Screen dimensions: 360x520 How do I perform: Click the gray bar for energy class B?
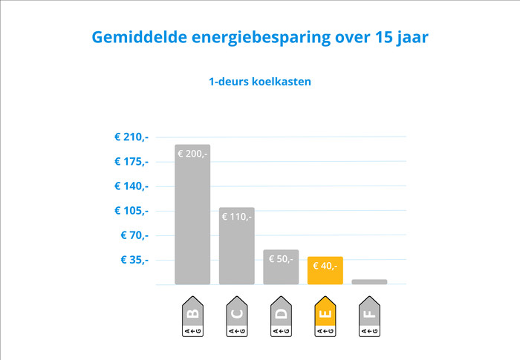[x=192, y=223]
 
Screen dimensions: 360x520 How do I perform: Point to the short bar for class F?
[x=369, y=282]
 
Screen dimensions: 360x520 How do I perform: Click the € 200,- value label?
[x=192, y=154]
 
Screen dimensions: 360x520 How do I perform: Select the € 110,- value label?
[x=237, y=217]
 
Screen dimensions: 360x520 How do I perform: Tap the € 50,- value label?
[x=281, y=259]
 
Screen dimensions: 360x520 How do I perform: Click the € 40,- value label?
[x=325, y=266]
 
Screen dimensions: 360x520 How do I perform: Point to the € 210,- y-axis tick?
[x=131, y=137]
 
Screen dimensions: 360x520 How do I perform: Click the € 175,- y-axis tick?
[x=131, y=161]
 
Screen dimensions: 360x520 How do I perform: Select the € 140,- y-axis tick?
[x=131, y=186]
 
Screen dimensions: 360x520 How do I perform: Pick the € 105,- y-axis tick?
[x=131, y=210]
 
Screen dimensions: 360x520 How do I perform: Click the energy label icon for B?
[x=192, y=317]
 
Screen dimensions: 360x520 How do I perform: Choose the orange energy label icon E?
[x=325, y=317]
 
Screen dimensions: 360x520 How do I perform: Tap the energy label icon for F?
[x=369, y=317]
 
